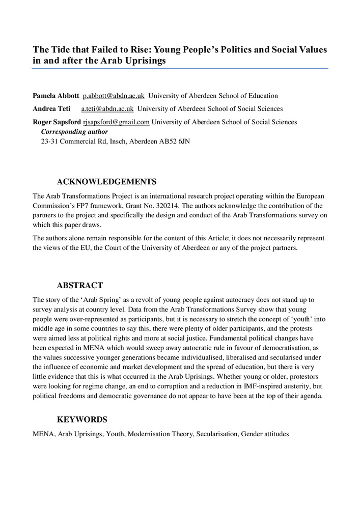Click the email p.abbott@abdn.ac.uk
pos(114,96)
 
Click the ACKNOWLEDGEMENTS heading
pos(106,182)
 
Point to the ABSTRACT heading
pos(80,286)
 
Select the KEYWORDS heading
pos(82,420)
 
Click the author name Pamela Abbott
pos(56,96)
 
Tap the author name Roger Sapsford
pos(57,122)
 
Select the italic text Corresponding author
pos(74,131)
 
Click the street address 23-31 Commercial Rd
pos(76,141)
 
